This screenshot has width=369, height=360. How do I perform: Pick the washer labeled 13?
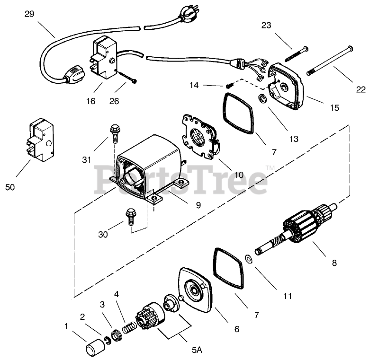(261, 98)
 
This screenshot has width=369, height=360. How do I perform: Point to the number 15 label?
(334, 107)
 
